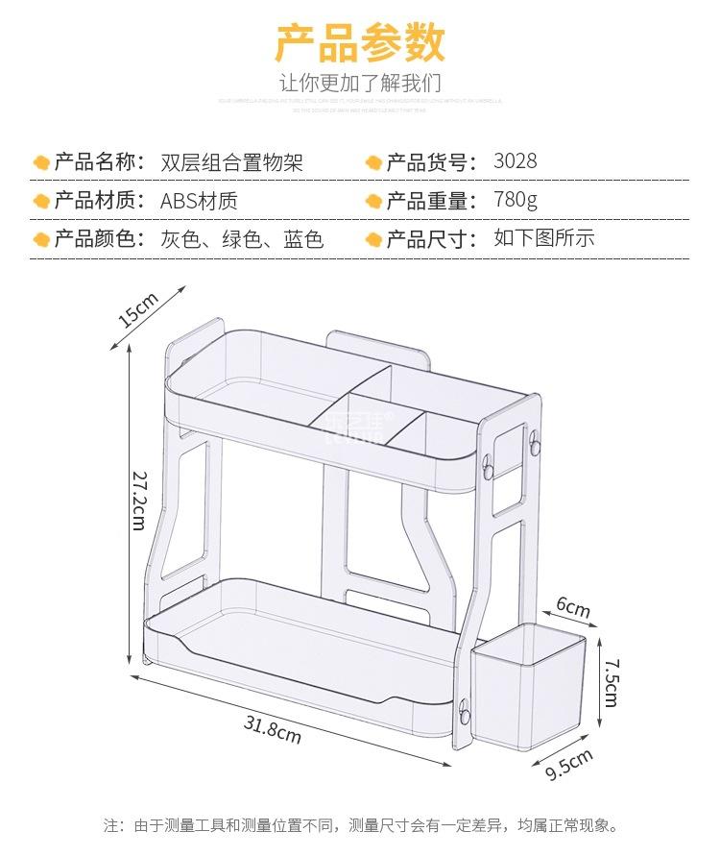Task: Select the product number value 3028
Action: coord(516,160)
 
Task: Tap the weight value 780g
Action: coord(516,200)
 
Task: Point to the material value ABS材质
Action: coord(199,201)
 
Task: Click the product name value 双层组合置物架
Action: coord(231,161)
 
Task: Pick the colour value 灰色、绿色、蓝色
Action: coord(242,238)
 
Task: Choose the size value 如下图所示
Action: coord(544,237)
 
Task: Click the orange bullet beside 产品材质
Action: coord(41,201)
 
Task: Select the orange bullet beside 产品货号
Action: coord(373,162)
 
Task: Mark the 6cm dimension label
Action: coord(573,608)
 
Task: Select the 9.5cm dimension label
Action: coord(569,759)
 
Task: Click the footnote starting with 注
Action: coord(360,824)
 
